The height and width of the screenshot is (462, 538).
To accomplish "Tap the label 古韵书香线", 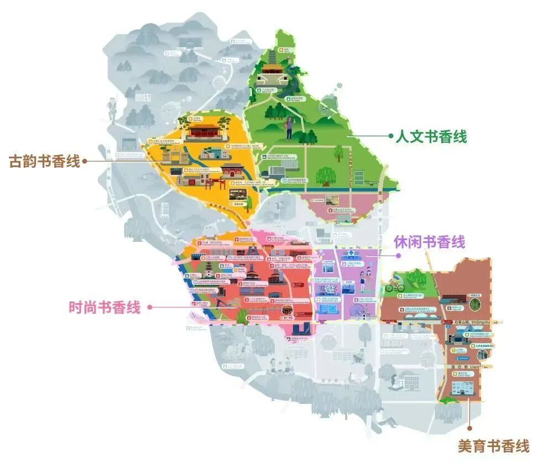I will point(44,162).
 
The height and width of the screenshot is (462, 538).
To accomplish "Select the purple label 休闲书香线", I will point(429,242).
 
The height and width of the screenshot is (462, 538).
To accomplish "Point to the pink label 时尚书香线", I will point(105,307).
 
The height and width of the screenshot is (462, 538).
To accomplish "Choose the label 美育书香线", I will point(493,446).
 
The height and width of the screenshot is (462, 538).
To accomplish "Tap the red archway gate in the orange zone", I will point(233,171).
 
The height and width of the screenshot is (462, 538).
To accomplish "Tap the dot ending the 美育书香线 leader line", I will point(470,428).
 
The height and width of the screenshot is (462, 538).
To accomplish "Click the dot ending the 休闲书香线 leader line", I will point(398,256).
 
